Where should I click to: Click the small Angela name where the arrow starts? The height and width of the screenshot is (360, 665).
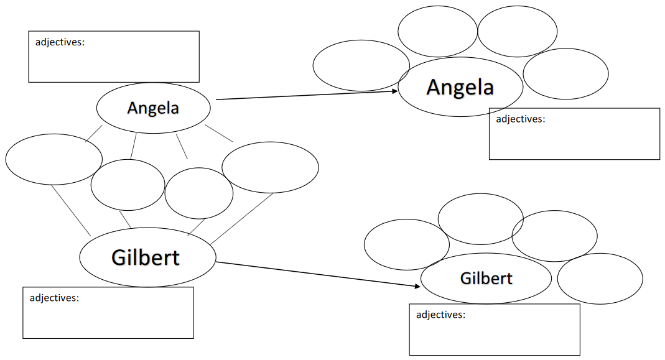[x=153, y=108]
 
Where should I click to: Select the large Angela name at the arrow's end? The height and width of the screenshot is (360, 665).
[x=460, y=87]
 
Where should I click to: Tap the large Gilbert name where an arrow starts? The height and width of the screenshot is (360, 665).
[x=146, y=257]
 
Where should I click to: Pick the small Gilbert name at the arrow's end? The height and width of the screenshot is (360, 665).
[x=486, y=278]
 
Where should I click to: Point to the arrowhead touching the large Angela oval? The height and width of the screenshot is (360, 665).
[x=394, y=91]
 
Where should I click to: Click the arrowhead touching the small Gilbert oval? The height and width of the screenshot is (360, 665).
[x=417, y=286]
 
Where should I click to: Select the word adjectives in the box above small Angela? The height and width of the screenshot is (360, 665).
[x=60, y=43]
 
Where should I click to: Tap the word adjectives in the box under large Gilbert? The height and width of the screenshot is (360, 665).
[x=54, y=298]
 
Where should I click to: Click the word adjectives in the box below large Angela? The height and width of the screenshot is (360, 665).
[x=520, y=119]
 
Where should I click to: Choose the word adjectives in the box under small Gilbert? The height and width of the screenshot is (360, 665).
[x=440, y=315]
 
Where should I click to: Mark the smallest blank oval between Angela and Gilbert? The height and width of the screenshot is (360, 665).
[x=199, y=193]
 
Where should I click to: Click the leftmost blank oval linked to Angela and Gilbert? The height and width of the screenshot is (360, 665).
[x=53, y=159]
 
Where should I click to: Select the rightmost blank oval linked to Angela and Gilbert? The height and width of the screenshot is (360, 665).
[x=270, y=167]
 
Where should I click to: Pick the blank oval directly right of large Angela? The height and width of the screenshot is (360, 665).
[x=565, y=73]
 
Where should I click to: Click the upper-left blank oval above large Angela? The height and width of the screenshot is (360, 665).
[x=437, y=31]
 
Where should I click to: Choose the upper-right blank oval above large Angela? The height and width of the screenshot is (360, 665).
[x=517, y=31]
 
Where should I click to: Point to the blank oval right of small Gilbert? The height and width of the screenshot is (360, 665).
[x=600, y=279]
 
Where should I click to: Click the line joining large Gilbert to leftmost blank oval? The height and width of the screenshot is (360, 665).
[x=71, y=210]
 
